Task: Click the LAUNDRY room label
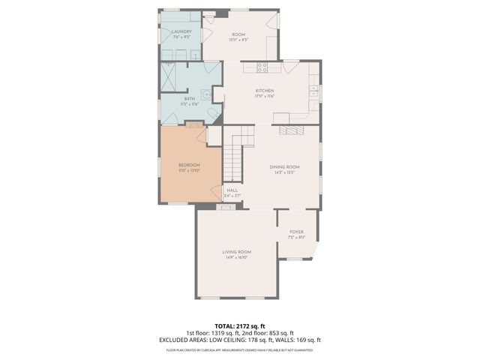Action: [x=181, y=31]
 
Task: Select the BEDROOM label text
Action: [x=189, y=165]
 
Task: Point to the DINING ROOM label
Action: [x=284, y=166]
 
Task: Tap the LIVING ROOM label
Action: [x=236, y=252]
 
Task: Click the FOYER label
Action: [x=296, y=232]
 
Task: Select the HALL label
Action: [x=232, y=190]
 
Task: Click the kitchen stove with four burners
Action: [x=263, y=67]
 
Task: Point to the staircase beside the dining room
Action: [x=236, y=154]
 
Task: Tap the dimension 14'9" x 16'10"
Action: [x=236, y=258]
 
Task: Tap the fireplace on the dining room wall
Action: [x=289, y=130]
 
